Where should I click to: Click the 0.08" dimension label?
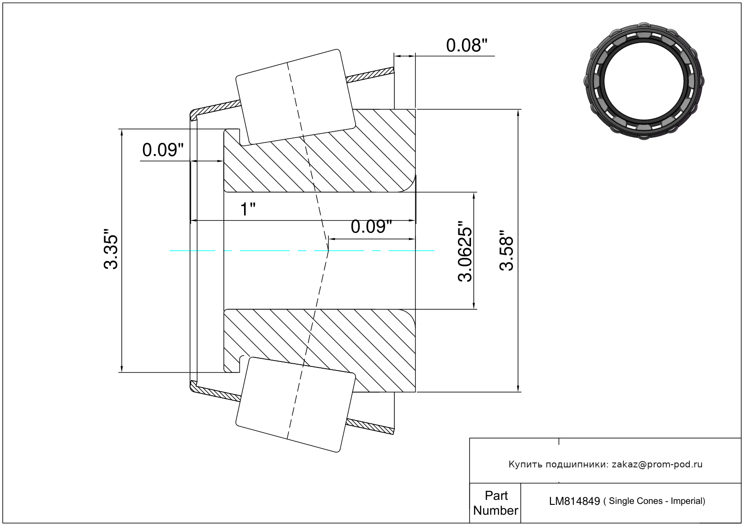point(467,46)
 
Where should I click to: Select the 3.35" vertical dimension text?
point(111,249)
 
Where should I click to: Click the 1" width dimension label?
point(248,210)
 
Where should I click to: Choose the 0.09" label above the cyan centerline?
point(371,227)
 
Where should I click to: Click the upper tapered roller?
point(296,97)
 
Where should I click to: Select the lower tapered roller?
point(296,405)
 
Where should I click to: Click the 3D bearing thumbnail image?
point(644,81)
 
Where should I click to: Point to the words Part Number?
point(495,503)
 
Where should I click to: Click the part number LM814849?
point(574,502)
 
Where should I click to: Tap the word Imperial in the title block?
point(687,501)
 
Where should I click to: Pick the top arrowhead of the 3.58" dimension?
point(518,113)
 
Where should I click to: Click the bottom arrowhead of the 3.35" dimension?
point(122,369)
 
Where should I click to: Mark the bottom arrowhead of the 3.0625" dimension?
point(474,305)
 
